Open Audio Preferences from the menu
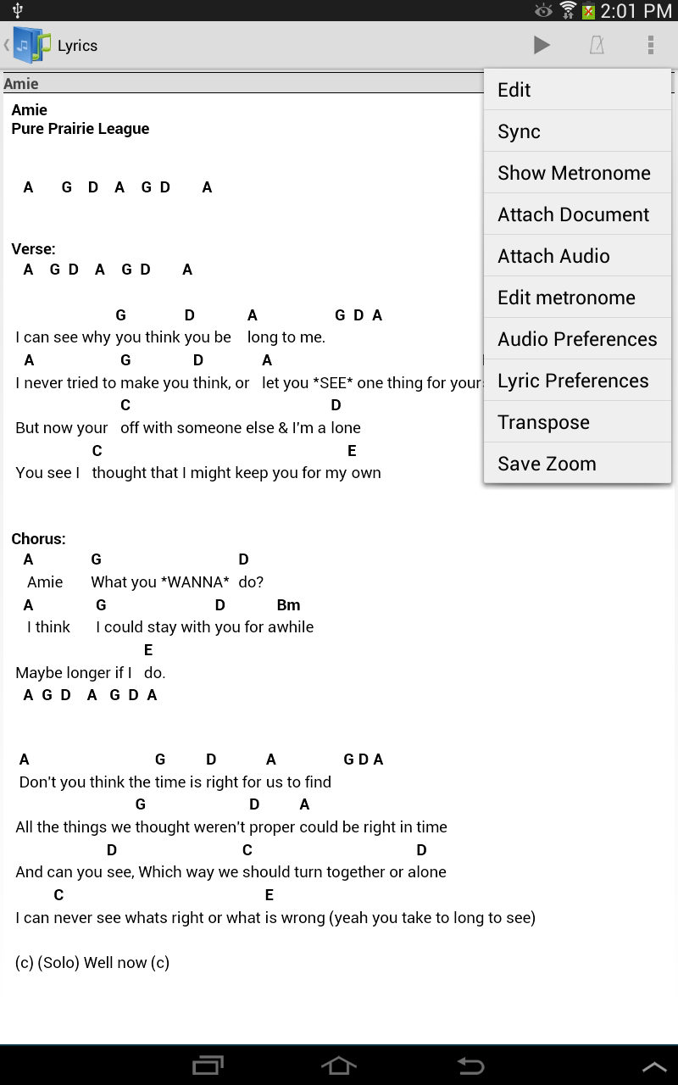576,339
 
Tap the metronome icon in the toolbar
597,45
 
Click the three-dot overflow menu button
650,45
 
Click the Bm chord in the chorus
288,605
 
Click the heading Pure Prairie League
81,129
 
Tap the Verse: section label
34,249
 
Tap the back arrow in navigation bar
470,1066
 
